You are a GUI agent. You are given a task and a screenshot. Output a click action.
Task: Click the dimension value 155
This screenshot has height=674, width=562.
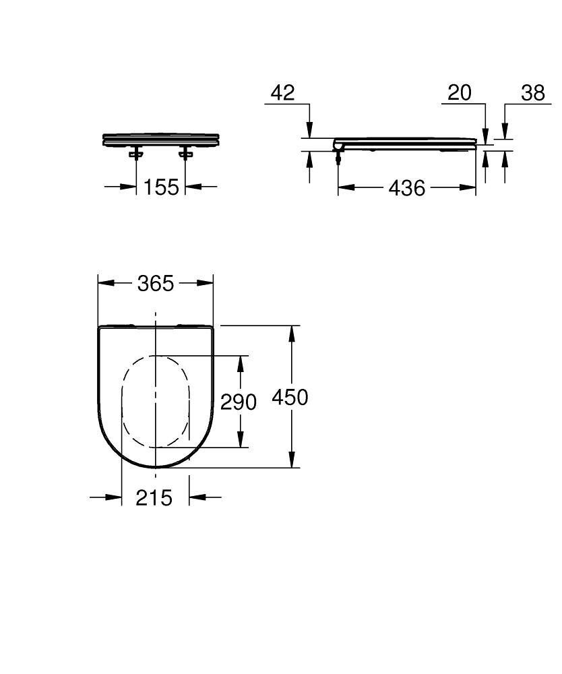pyautogui.click(x=162, y=187)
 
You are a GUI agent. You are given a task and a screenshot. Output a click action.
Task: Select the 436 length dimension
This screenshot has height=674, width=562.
pyautogui.click(x=407, y=187)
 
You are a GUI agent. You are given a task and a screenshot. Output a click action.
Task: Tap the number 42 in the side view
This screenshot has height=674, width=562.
pyautogui.click(x=282, y=92)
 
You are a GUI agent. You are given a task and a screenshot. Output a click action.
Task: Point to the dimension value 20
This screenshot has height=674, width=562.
pyautogui.click(x=460, y=92)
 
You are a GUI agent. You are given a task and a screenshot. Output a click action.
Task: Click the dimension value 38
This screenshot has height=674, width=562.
pyautogui.click(x=532, y=92)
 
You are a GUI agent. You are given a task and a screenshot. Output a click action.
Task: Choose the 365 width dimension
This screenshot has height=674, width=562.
pyautogui.click(x=156, y=284)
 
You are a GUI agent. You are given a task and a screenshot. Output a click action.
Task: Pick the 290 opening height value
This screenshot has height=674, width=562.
pyautogui.click(x=239, y=402)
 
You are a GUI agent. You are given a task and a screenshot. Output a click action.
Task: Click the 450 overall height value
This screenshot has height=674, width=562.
pyautogui.click(x=290, y=397)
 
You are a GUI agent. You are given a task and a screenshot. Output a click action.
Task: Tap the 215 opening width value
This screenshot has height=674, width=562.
pyautogui.click(x=154, y=497)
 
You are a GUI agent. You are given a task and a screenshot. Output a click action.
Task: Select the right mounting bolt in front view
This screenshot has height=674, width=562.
pyautogui.click(x=185, y=154)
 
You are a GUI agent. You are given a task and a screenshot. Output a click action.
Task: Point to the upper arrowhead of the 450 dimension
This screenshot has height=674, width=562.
pyautogui.click(x=292, y=332)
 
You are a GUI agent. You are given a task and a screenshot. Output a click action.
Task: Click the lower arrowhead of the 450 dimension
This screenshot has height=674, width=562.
pyautogui.click(x=292, y=461)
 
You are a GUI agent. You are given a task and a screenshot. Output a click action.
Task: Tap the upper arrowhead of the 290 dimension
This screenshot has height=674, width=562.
pyautogui.click(x=239, y=361)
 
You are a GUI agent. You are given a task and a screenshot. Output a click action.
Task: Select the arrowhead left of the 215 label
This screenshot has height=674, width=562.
pyautogui.click(x=115, y=497)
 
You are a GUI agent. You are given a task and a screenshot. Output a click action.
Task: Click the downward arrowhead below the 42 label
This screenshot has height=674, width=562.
pyautogui.click(x=309, y=131)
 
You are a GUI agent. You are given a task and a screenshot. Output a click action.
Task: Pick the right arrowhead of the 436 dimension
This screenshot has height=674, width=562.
pyautogui.click(x=470, y=187)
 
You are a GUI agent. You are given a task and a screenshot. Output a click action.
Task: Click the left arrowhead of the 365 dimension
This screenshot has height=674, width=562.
pyautogui.click(x=104, y=284)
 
